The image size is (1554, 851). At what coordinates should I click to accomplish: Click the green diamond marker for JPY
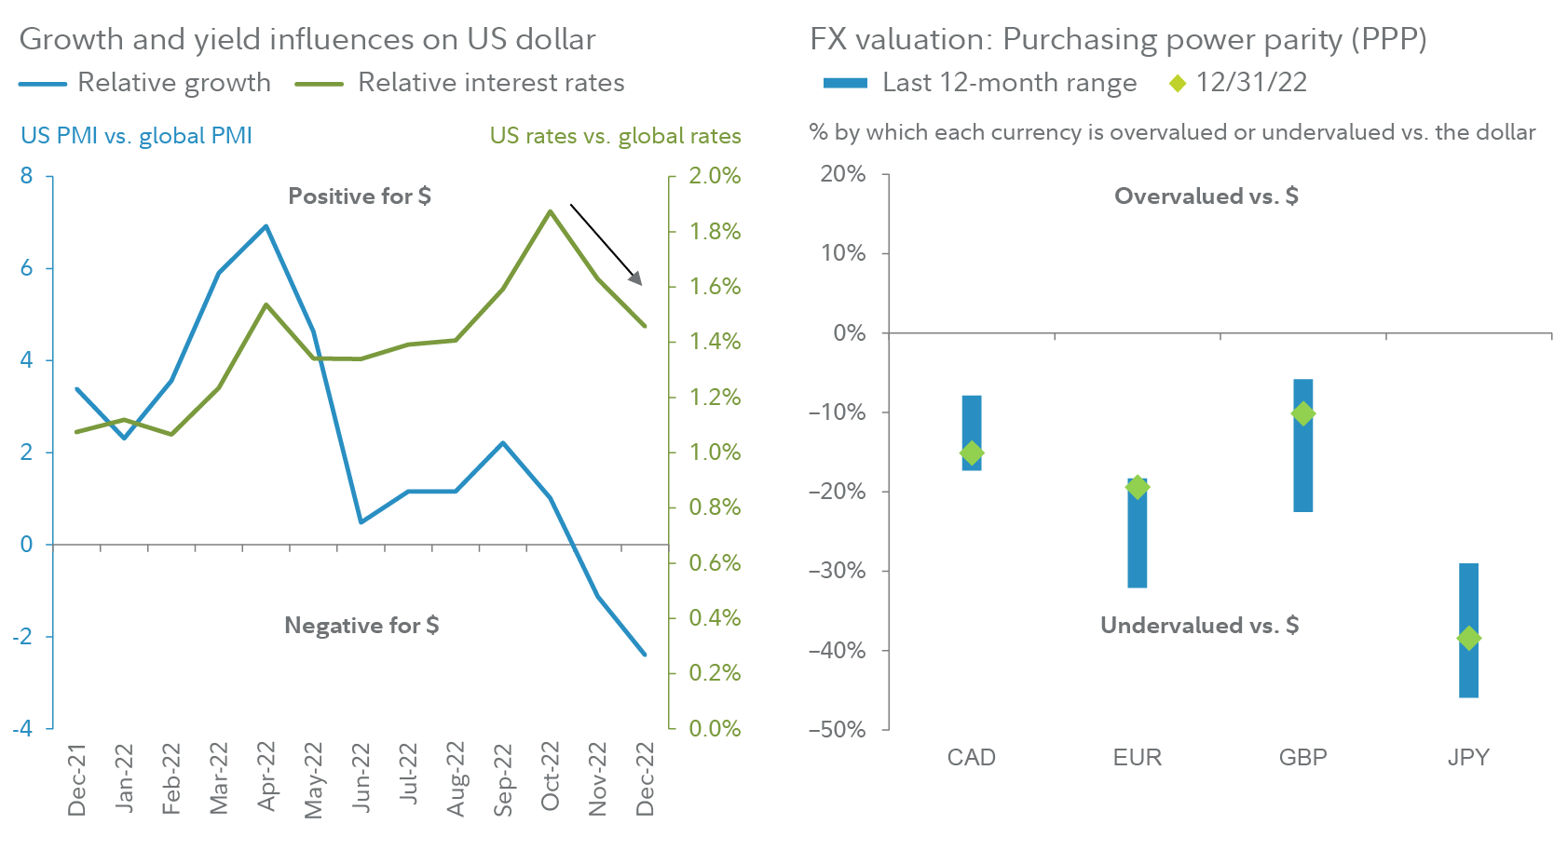click(x=1468, y=639)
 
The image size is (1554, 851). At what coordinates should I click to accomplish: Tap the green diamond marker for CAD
click(x=972, y=453)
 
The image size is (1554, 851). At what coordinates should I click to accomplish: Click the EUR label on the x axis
click(x=1137, y=757)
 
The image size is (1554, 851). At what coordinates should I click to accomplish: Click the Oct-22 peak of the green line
click(x=550, y=211)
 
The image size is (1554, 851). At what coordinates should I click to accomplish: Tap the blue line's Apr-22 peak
click(x=266, y=225)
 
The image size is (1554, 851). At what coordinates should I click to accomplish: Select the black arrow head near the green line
click(x=636, y=277)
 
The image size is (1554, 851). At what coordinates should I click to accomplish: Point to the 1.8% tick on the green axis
click(x=715, y=231)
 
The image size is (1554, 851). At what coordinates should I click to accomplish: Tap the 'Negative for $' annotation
click(x=361, y=625)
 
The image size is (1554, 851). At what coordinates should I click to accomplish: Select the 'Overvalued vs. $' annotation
click(x=1206, y=196)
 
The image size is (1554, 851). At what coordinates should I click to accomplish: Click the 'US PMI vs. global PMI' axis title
click(x=136, y=136)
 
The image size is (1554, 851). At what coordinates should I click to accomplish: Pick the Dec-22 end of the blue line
click(x=645, y=655)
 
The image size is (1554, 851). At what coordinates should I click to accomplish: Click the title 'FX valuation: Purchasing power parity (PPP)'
click(x=1118, y=39)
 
